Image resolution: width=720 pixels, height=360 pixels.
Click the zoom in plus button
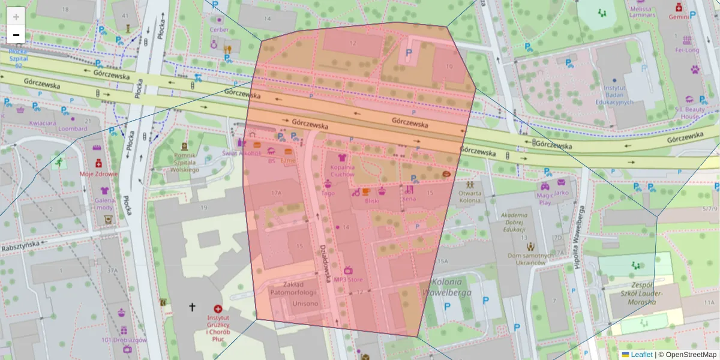(16, 17)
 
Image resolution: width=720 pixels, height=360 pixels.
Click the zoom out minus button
(16, 35)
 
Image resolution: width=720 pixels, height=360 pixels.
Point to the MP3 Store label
(348, 280)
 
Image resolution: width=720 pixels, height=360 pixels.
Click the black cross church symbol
(193, 307)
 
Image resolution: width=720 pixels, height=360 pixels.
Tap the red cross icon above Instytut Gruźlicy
(218, 308)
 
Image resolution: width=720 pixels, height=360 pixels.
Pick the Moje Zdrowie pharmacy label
(98, 174)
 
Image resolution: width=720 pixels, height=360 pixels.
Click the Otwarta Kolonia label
(470, 197)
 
